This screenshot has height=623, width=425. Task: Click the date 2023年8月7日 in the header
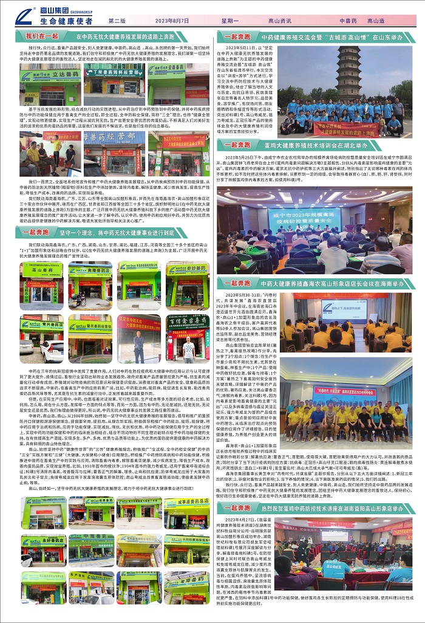pyautogui.click(x=172, y=21)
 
